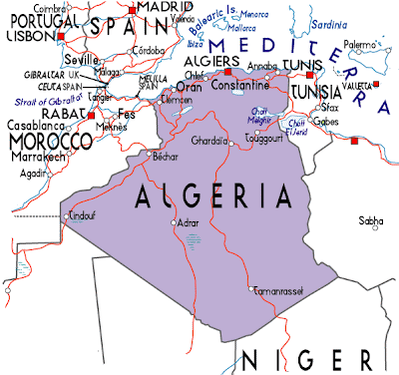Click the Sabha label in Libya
(370, 220)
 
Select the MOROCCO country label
(46, 142)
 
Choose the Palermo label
(360, 44)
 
